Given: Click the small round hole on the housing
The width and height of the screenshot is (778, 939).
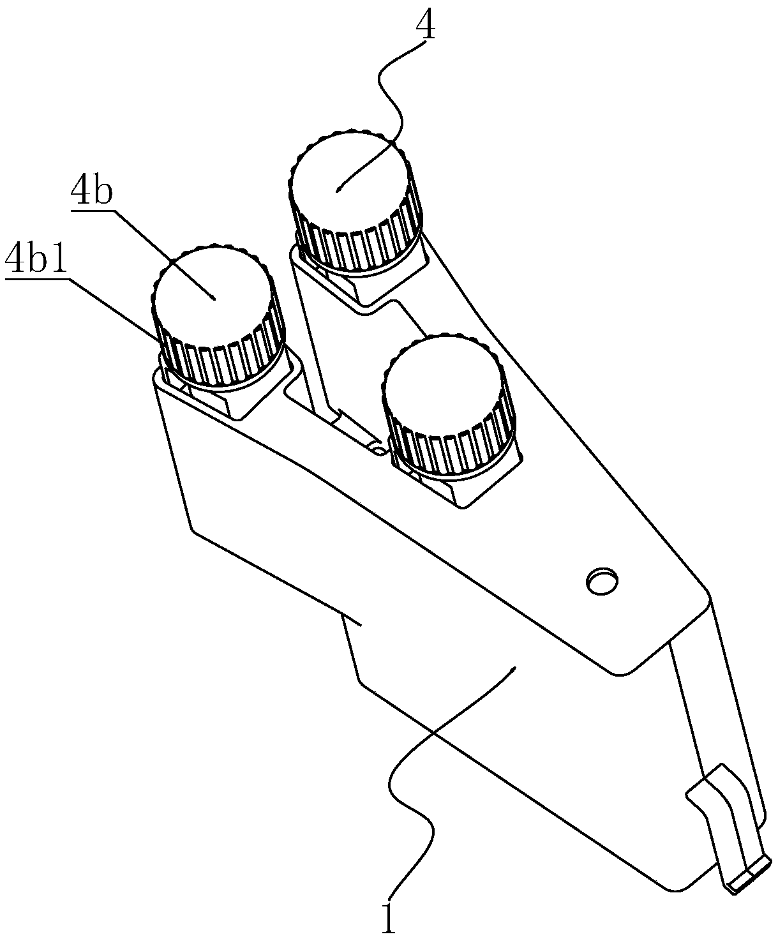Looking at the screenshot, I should pos(602,581).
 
